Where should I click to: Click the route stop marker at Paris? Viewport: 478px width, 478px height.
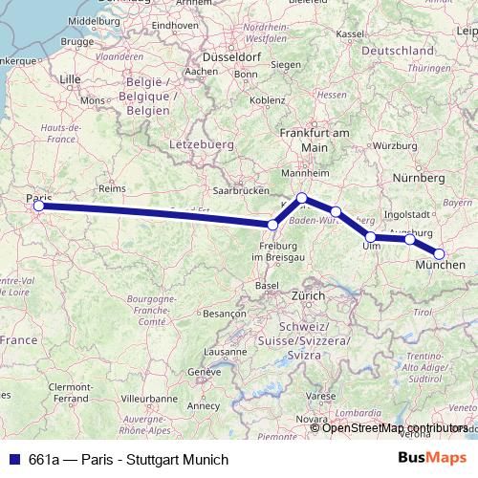point(38,206)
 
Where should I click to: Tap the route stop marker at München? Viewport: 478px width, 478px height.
point(440,253)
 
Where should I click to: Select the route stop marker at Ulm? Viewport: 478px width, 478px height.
point(371,236)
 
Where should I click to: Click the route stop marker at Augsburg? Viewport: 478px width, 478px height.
point(410,239)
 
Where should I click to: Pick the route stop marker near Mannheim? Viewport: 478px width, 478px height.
point(301,198)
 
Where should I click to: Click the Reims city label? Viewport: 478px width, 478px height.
point(112,189)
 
